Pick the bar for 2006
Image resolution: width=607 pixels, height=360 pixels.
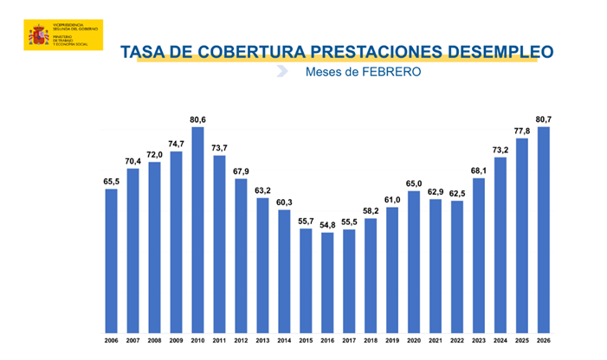coord(111,260)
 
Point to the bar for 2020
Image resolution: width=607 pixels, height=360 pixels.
coord(414,260)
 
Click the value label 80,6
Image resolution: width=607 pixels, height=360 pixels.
coord(197,119)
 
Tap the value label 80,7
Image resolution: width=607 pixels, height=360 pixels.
coord(544,119)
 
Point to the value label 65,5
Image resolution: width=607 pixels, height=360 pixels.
coord(111,181)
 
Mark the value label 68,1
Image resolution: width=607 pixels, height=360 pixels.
coord(479,170)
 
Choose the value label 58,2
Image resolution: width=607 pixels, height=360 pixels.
coord(371,210)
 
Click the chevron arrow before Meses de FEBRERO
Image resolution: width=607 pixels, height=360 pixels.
coord(282,72)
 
